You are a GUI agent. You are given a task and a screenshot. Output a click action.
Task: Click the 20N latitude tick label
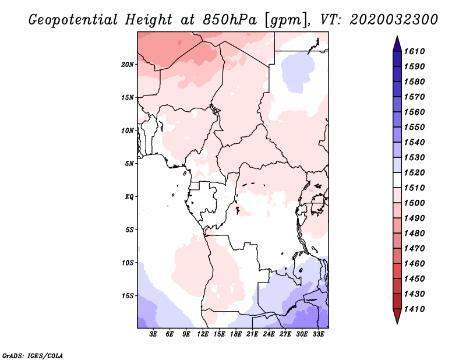[128, 64]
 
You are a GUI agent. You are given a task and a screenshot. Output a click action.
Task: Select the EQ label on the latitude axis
[129, 196]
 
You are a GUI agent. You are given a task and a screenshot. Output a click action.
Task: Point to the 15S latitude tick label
[128, 295]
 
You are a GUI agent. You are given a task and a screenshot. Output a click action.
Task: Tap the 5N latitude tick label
[129, 164]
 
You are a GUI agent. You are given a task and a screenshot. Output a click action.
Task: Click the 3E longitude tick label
[154, 334]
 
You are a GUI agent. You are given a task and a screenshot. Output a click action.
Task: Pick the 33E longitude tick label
[318, 334]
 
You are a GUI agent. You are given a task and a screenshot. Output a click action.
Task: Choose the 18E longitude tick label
[236, 334]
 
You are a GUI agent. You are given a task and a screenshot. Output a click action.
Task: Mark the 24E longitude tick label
[269, 334]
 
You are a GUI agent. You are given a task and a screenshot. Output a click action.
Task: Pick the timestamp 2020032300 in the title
[394, 19]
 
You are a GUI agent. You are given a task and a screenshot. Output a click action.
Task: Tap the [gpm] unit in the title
[285, 19]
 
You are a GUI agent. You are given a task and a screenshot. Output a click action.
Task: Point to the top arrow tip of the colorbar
[397, 38]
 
